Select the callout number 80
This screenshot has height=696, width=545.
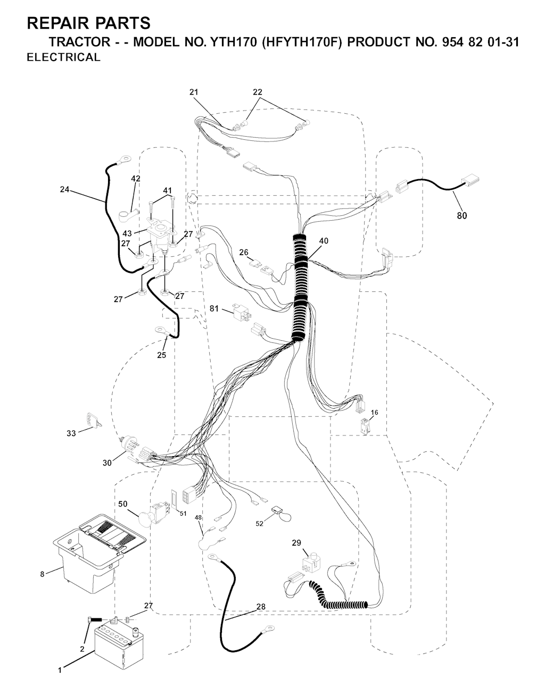[x=462, y=216]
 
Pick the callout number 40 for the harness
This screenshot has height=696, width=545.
[x=324, y=240]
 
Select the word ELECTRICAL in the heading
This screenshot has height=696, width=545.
[x=63, y=57]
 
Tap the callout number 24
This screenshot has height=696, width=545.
[x=64, y=190]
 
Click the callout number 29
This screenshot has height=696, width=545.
[x=296, y=542]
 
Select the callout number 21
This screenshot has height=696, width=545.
[x=194, y=92]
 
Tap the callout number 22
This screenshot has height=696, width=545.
[x=258, y=92]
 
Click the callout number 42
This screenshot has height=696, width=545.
[x=136, y=179]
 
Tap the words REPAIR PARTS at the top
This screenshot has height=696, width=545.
[x=89, y=23]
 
